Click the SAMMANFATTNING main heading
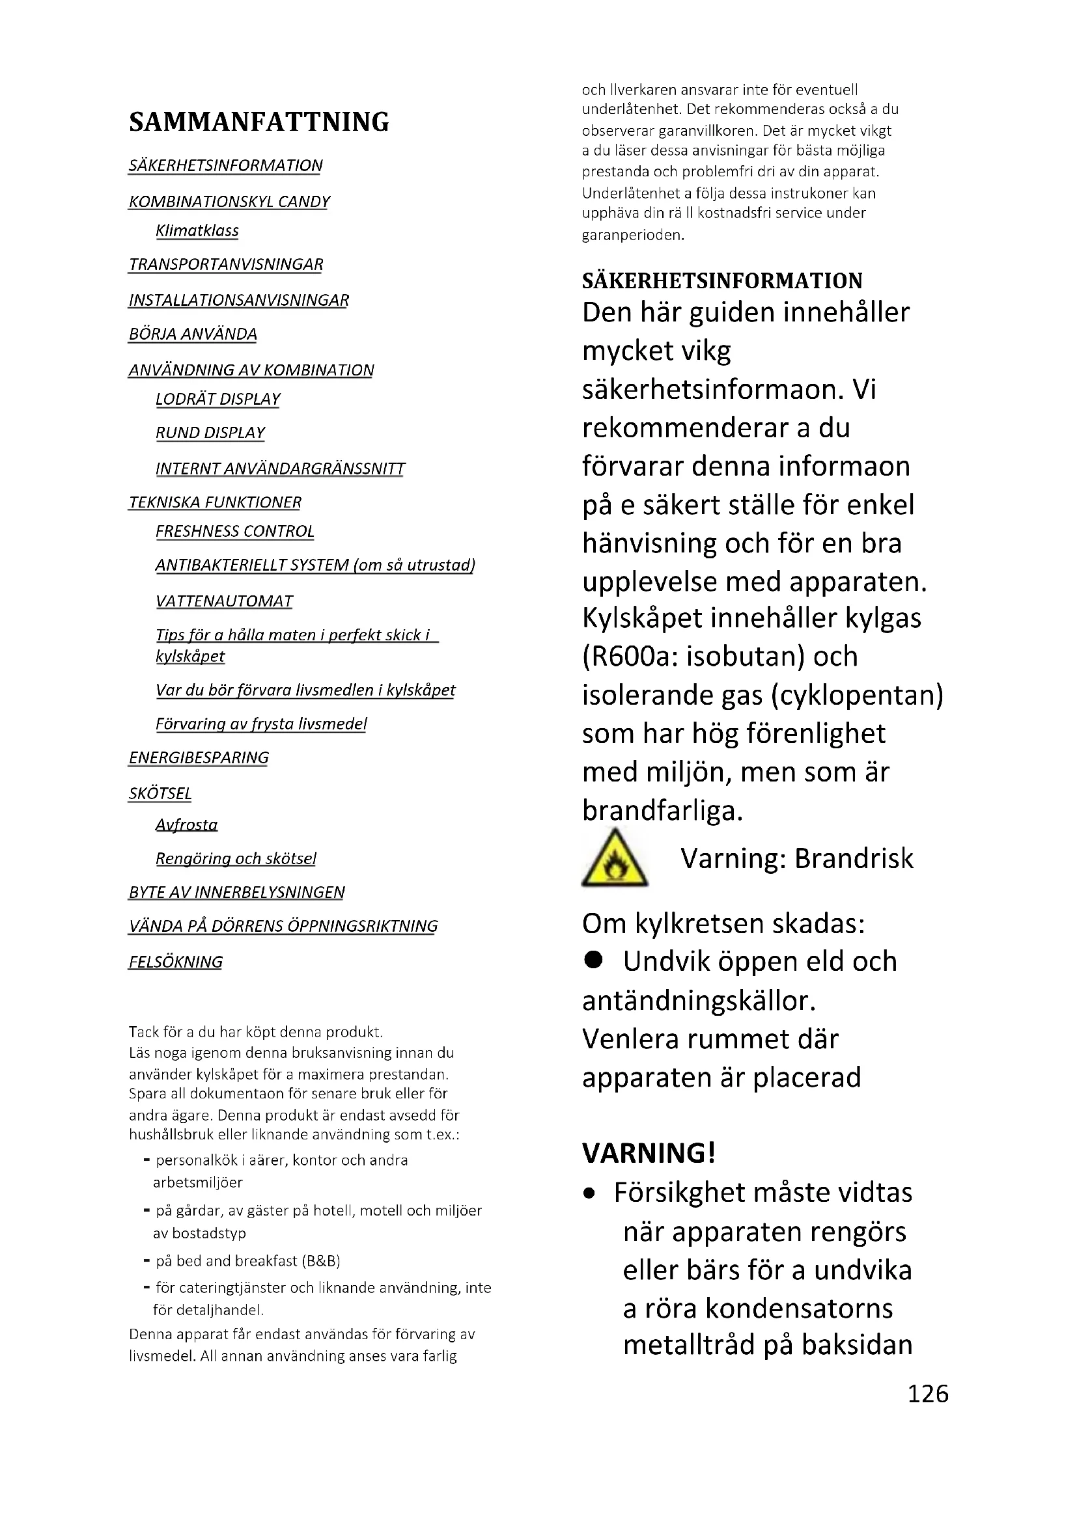pyautogui.click(x=259, y=122)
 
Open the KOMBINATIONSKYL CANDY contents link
pyautogui.click(x=229, y=202)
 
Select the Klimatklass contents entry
pyautogui.click(x=197, y=231)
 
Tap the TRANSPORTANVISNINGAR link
pyautogui.click(x=225, y=264)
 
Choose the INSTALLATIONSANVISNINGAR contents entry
pyautogui.click(x=239, y=300)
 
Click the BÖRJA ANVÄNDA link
pyautogui.click(x=192, y=334)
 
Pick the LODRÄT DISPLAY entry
pyautogui.click(x=217, y=399)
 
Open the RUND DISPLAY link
pyautogui.click(x=210, y=433)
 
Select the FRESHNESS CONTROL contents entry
pyautogui.click(x=235, y=532)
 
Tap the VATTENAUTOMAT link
pyautogui.click(x=224, y=601)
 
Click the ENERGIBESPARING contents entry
pyautogui.click(x=199, y=757)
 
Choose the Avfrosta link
pyautogui.click(x=186, y=824)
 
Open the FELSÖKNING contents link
pyautogui.click(x=176, y=962)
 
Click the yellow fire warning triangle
pyautogui.click(x=614, y=859)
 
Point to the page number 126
pyautogui.click(x=927, y=1393)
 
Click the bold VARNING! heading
pyautogui.click(x=649, y=1154)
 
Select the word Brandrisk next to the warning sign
pyautogui.click(x=854, y=859)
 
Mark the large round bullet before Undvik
pyautogui.click(x=594, y=960)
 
